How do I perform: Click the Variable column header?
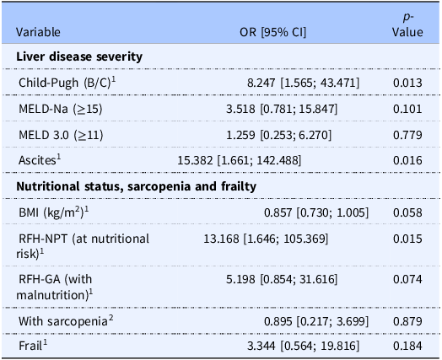coord(38,32)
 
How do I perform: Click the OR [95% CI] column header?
coord(272,32)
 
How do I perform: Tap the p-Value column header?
coord(407,24)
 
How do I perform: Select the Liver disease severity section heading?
coord(79,56)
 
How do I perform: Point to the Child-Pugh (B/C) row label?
coord(67,83)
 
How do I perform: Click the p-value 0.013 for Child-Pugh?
coord(407,83)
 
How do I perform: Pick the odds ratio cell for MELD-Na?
coord(282,109)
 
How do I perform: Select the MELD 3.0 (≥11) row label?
coord(61,135)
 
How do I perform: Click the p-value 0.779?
coord(407,135)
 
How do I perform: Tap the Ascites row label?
coord(40,159)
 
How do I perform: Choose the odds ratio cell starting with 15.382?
coord(240,160)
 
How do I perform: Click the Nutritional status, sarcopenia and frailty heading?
coord(136,186)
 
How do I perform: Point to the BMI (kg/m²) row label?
coord(53,212)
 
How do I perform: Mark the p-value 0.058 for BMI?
coord(407,212)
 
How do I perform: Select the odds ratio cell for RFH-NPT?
coord(266,239)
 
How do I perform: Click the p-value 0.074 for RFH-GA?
coord(407,279)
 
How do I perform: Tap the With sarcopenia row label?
coord(66,321)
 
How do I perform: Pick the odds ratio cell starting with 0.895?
coord(316,321)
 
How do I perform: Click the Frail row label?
coord(33,346)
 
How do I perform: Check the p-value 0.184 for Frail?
coord(407,346)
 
